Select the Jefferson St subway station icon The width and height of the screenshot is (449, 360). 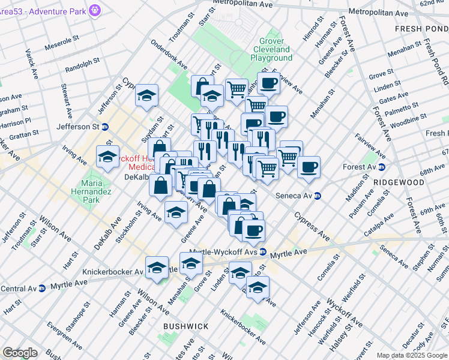point(105,127)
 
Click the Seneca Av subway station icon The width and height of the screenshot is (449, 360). point(318,196)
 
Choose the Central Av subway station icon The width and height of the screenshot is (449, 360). point(41,288)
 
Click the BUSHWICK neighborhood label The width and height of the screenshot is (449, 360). point(186,326)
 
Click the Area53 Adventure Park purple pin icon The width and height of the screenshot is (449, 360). point(95,10)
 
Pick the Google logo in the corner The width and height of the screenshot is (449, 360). point(20,353)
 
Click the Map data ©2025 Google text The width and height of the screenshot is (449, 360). point(412,355)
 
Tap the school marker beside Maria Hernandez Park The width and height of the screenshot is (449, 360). point(107,157)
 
